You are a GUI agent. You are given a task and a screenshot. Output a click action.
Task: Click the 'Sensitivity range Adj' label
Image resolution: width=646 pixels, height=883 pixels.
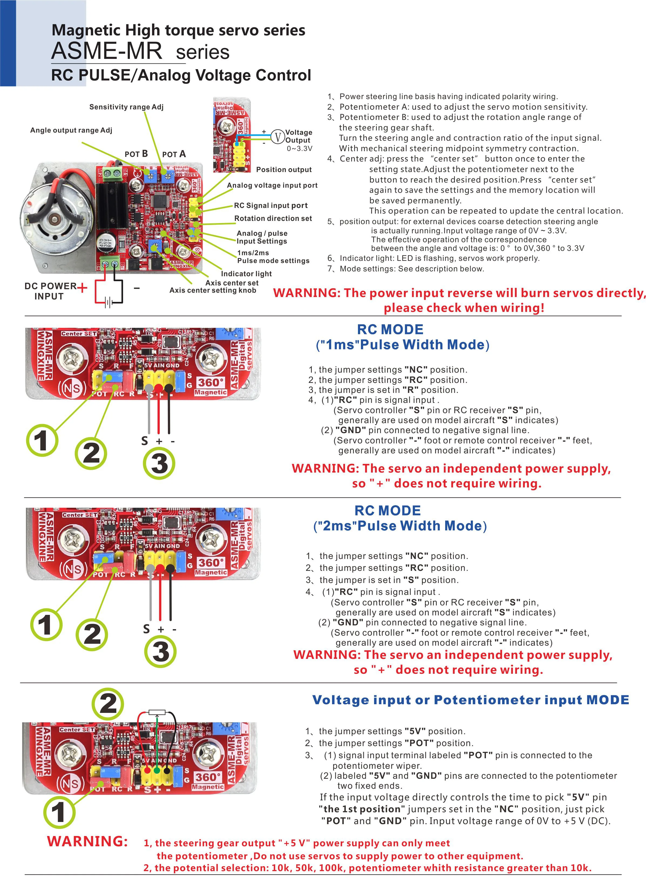click(x=126, y=107)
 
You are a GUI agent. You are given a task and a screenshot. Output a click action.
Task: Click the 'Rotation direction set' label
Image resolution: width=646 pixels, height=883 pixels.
click(x=273, y=218)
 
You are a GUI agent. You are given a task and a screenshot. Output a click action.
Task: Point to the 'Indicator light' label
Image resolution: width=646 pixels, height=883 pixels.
click(x=246, y=274)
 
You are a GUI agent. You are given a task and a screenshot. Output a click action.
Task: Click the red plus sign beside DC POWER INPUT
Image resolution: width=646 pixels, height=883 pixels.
click(x=82, y=288)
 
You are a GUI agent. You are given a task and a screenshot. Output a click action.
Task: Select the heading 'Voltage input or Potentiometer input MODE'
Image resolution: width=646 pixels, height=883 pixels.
click(x=471, y=700)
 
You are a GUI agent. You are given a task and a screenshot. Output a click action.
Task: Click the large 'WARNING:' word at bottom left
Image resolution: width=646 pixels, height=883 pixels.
click(x=87, y=841)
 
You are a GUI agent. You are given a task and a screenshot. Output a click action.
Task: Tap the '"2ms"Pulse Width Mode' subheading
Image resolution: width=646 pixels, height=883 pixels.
click(x=400, y=525)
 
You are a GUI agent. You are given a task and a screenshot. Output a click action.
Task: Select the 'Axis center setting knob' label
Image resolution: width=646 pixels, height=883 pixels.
click(x=213, y=290)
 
